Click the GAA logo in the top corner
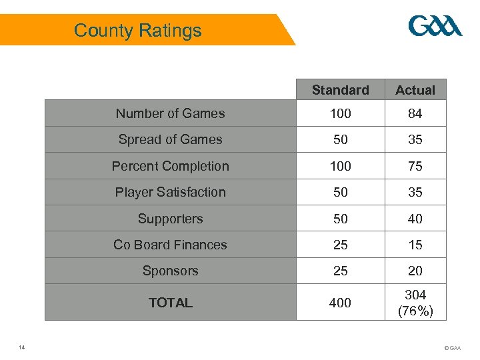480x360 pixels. pyautogui.click(x=435, y=27)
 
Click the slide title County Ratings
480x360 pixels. pyautogui.click(x=137, y=31)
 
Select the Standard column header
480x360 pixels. pyautogui.click(x=340, y=90)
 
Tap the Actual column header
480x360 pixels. pyautogui.click(x=415, y=90)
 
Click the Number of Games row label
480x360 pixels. pyautogui.click(x=170, y=113)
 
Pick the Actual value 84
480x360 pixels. pyautogui.click(x=415, y=114)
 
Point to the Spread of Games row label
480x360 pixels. pyautogui.click(x=170, y=139)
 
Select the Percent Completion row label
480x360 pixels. pyautogui.click(x=170, y=166)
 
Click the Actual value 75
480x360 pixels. pyautogui.click(x=415, y=167)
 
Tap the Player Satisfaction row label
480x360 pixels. pyautogui.click(x=170, y=192)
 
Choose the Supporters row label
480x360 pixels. pyautogui.click(x=170, y=219)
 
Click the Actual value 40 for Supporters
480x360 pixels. pyautogui.click(x=415, y=219)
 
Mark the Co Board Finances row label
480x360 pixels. pyautogui.click(x=170, y=245)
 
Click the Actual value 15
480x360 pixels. pyautogui.click(x=415, y=245)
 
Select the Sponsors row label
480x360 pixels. pyautogui.click(x=170, y=271)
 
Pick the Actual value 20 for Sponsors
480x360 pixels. pyautogui.click(x=415, y=271)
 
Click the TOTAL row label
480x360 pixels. pyautogui.click(x=170, y=303)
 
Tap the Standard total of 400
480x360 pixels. pyautogui.click(x=340, y=303)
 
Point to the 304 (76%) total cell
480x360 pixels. pyautogui.click(x=415, y=303)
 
